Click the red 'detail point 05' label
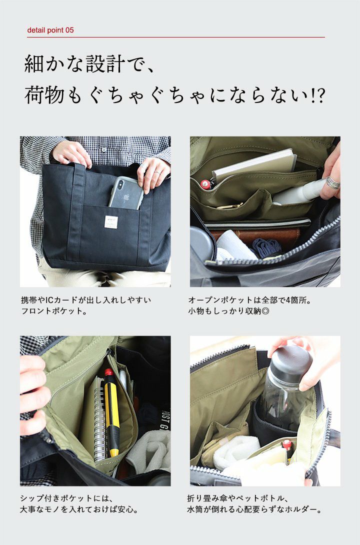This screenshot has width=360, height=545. (x=50, y=30)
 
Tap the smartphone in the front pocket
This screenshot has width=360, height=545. (x=125, y=193)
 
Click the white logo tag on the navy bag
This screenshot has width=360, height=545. (x=111, y=222)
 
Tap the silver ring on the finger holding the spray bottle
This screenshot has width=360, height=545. (x=332, y=183)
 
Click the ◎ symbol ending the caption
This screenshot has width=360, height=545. (x=265, y=310)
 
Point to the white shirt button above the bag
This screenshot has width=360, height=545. (x=104, y=149)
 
